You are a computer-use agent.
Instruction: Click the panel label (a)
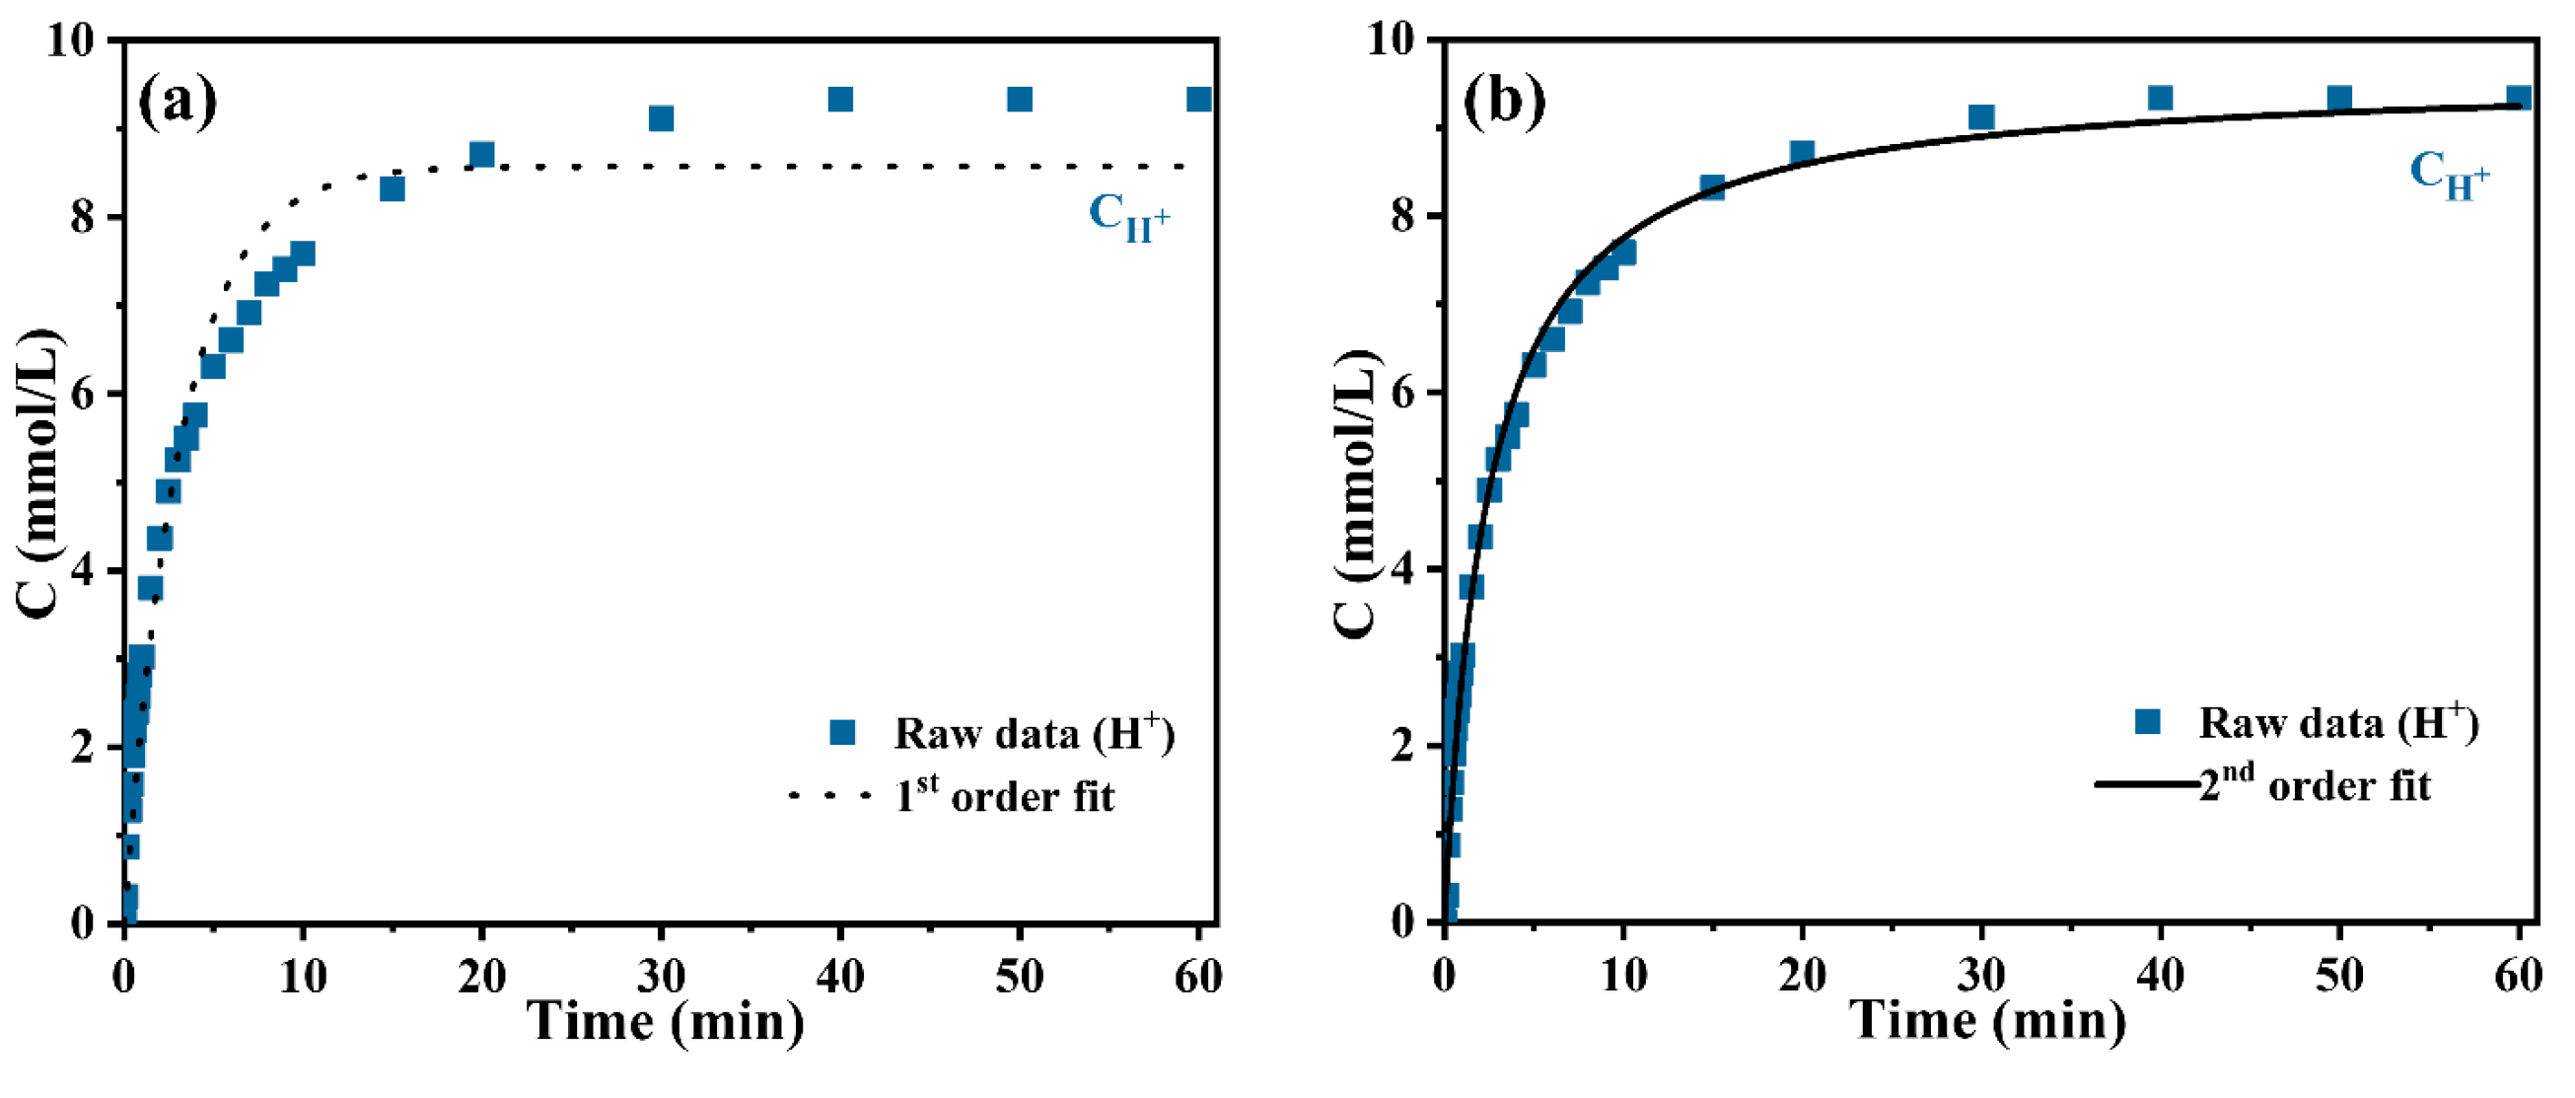[177, 100]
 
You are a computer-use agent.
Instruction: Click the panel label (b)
[1503, 100]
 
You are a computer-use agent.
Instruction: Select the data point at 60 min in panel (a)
[1198, 99]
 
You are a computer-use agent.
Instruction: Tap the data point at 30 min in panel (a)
[661, 118]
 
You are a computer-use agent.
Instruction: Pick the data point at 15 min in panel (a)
[392, 188]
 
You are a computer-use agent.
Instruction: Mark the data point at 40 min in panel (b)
[2160, 98]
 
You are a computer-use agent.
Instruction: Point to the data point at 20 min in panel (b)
[1802, 152]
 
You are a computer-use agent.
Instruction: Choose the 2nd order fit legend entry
[2313, 785]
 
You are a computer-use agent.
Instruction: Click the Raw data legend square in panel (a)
[842, 733]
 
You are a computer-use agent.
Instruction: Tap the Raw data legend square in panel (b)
[2147, 721]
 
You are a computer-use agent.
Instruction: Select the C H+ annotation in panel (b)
[2448, 175]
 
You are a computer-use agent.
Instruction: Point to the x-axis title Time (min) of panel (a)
[666, 1022]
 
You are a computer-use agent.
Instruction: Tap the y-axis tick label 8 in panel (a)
[84, 217]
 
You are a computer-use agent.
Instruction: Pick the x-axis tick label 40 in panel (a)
[839, 976]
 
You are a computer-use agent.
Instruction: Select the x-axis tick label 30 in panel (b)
[1981, 976]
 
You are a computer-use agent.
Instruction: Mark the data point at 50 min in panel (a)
[1020, 99]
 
